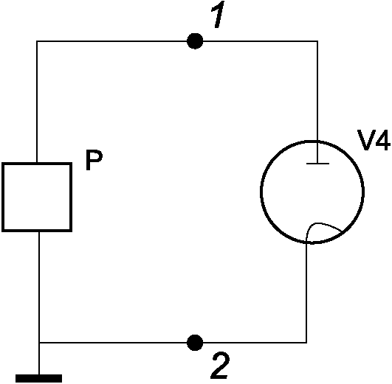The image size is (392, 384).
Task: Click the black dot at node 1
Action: click(x=195, y=41)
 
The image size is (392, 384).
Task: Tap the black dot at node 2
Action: click(x=195, y=343)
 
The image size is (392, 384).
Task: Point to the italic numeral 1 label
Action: click(x=219, y=15)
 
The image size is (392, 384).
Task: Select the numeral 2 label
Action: click(x=220, y=366)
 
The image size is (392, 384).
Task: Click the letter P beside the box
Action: click(x=94, y=160)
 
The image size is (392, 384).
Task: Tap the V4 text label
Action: click(x=374, y=140)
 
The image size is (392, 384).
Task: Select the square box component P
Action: click(x=37, y=197)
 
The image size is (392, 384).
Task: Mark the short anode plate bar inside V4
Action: click(x=317, y=164)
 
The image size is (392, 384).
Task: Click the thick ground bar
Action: click(x=38, y=379)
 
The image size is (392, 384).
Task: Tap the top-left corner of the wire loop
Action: click(x=37, y=41)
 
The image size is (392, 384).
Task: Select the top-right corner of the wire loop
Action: click(x=317, y=41)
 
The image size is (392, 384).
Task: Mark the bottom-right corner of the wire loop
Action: click(x=306, y=343)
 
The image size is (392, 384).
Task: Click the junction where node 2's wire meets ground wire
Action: click(x=39, y=343)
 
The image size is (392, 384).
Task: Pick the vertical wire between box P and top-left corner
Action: click(x=37, y=102)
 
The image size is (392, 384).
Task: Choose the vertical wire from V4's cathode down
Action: click(x=306, y=292)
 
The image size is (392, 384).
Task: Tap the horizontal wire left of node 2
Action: click(x=113, y=343)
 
